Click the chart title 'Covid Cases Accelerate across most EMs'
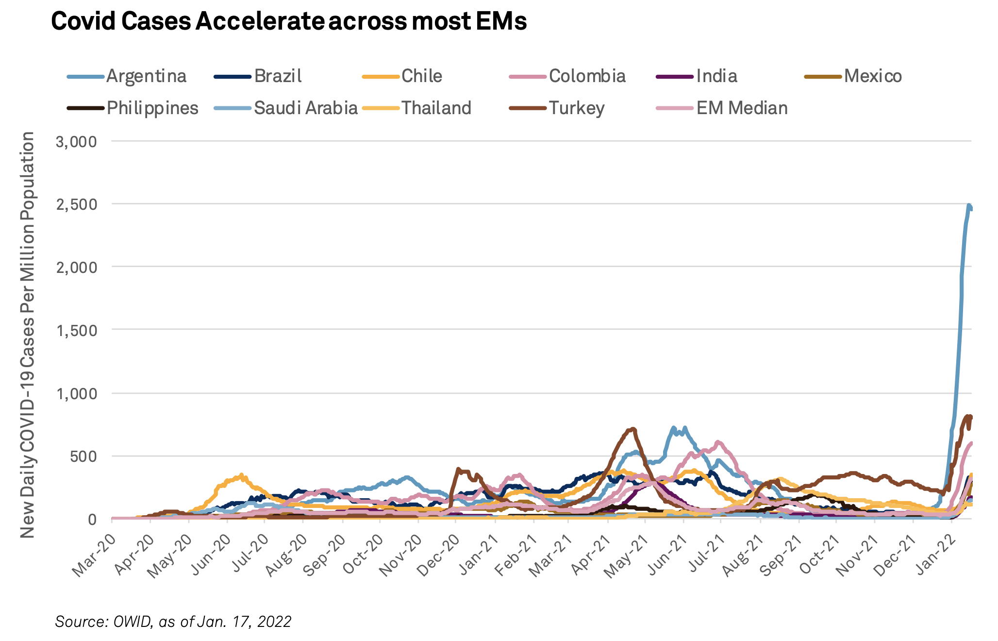click(289, 22)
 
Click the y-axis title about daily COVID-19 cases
click(27, 335)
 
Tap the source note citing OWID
click(173, 622)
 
